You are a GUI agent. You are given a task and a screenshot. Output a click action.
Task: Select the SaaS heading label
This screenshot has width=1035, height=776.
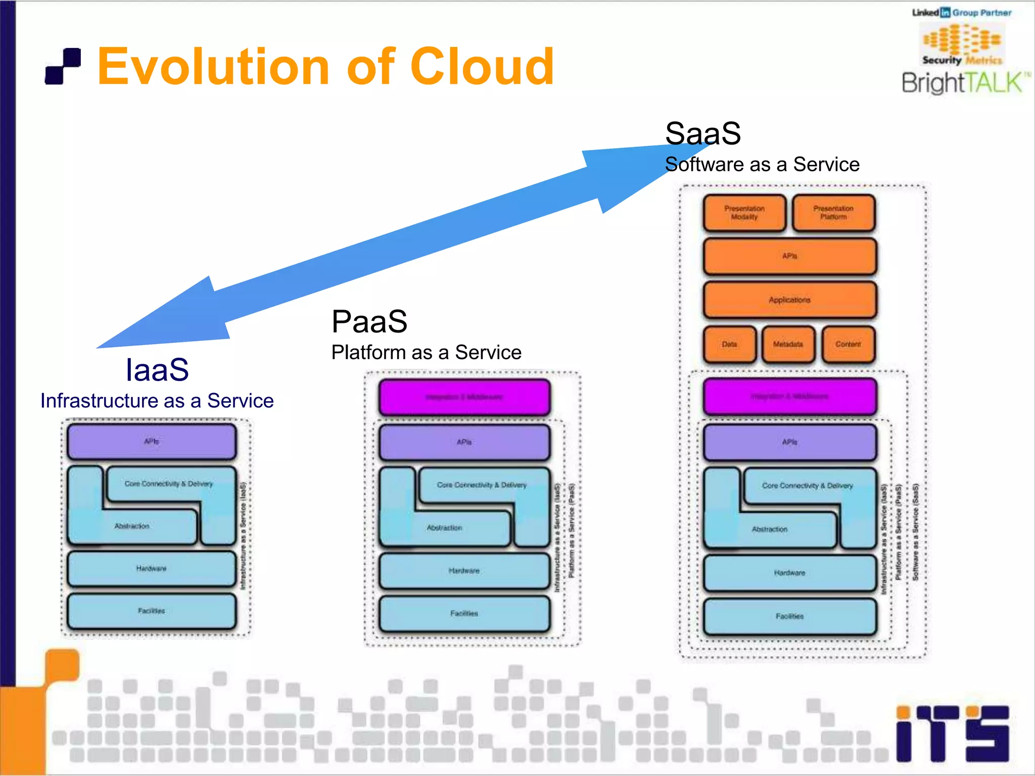coord(702,133)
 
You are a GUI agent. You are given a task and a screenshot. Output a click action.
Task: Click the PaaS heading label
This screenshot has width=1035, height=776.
coord(369,322)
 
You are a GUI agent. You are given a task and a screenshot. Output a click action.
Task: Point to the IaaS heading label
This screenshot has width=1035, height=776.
coord(157,370)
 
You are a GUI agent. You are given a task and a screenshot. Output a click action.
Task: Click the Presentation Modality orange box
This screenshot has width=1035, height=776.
coord(744,213)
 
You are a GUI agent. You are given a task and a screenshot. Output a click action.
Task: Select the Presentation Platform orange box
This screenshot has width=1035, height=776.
coord(833,213)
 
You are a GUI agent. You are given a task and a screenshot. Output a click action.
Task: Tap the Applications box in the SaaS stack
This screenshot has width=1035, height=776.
coord(789,300)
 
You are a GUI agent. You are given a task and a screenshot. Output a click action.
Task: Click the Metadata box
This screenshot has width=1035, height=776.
coord(788,345)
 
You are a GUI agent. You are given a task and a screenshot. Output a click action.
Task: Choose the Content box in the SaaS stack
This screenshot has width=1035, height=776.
coord(848,345)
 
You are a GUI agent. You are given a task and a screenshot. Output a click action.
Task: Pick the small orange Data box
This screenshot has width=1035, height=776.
coord(729,345)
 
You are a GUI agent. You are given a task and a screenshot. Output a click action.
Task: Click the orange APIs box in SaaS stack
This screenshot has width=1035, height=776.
coord(789,257)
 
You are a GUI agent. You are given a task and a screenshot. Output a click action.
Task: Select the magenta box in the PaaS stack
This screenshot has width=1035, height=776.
coord(464,397)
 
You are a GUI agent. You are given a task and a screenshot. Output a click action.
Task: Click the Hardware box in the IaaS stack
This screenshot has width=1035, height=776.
coord(151,569)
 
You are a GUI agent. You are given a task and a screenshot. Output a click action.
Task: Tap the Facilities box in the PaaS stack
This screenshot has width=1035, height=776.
coord(464,614)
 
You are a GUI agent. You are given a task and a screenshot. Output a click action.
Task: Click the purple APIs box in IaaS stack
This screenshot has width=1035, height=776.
coord(151,442)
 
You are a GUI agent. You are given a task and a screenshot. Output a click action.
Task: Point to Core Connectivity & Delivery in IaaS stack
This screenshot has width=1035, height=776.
coord(169,484)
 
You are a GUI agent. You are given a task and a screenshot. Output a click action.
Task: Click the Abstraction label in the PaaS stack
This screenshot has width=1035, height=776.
coord(444,528)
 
